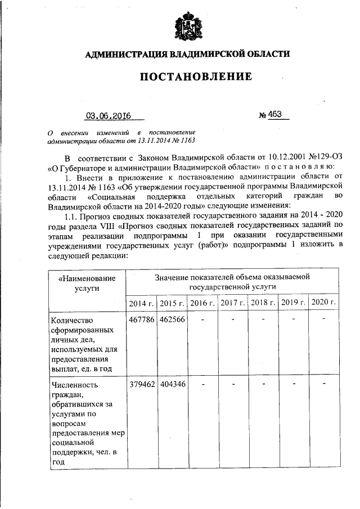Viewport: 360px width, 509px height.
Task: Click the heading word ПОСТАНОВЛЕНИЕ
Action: click(187, 76)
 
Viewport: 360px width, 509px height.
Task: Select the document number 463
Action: click(274, 115)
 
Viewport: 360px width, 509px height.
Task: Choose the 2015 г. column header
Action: click(172, 303)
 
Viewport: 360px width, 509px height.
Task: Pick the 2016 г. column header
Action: click(202, 303)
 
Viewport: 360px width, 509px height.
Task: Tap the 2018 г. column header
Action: click(263, 303)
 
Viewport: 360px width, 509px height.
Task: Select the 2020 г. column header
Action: click(324, 303)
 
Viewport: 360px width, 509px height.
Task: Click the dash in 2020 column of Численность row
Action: click(324, 385)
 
